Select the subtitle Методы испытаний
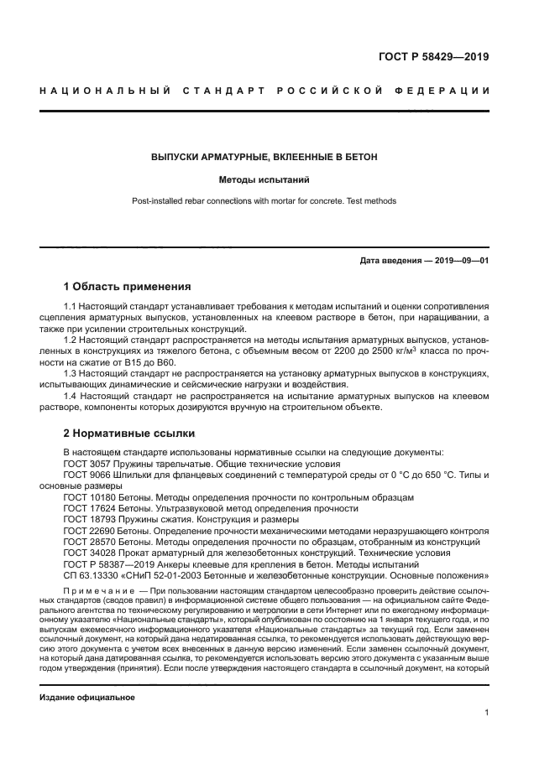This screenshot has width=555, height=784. tap(264, 179)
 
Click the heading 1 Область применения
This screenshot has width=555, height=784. tap(128, 286)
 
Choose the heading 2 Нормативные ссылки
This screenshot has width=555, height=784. tap(129, 434)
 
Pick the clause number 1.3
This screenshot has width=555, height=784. tap(71, 372)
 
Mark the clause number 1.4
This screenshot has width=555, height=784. tap(71, 394)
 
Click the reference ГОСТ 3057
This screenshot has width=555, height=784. tap(86, 464)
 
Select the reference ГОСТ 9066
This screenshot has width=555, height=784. tap(86, 475)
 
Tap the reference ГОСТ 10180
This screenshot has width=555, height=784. tap(89, 497)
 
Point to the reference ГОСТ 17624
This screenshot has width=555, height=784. tap(89, 509)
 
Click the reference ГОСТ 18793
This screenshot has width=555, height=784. tap(89, 520)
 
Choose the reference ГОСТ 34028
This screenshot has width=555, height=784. tap(89, 553)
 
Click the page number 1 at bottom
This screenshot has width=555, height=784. tap(486, 713)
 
